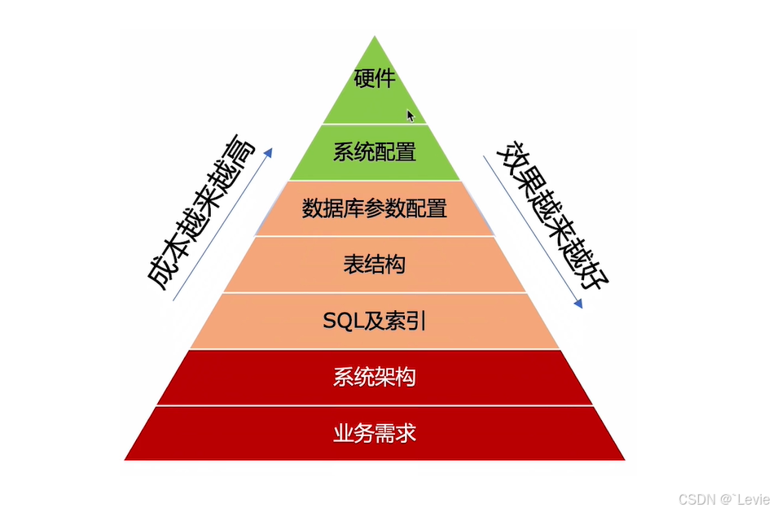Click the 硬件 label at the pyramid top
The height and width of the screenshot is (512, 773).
coord(375,79)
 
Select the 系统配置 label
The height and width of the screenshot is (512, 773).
coord(375,152)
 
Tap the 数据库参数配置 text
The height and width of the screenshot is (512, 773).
coord(375,208)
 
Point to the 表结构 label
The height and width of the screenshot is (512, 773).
coord(375,265)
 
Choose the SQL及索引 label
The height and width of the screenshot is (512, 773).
coord(375,322)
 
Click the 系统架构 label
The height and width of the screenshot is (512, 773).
coord(375,378)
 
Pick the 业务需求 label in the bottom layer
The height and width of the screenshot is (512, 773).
coord(375,433)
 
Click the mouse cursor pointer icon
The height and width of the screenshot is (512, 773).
coord(411,116)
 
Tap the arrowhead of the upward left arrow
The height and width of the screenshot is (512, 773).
coord(269,151)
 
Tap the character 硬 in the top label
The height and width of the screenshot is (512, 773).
coord(364,79)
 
